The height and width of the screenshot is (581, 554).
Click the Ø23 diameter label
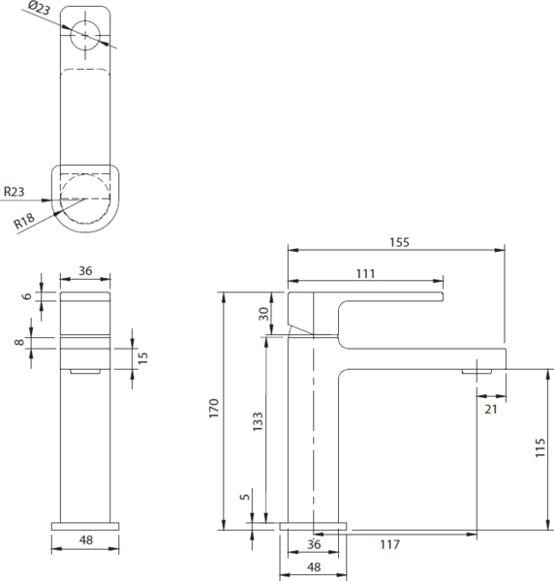[39, 8]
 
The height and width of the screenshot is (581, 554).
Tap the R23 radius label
[15, 192]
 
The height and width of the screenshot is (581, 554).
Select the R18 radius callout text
[24, 221]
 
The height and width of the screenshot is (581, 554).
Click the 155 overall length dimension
[399, 242]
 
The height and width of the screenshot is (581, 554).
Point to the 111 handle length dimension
[366, 274]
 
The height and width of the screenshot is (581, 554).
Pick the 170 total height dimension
[214, 409]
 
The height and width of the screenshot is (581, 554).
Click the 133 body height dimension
[258, 421]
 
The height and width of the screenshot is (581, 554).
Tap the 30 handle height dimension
[263, 314]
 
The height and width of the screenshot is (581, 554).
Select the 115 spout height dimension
[540, 447]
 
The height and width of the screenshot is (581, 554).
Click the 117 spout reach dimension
[390, 544]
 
